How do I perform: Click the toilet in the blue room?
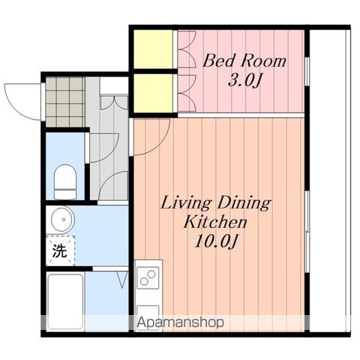65,181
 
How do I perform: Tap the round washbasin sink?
63,220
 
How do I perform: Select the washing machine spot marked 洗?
60,250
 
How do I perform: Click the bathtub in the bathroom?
65,302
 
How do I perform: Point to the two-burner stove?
148,277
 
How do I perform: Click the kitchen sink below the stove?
148,317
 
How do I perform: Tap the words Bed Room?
244,61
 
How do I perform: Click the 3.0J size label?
244,81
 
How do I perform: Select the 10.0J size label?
215,241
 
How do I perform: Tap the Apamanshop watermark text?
180,322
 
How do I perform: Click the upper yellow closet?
153,49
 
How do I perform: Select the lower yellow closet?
153,93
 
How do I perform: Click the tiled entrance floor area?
65,102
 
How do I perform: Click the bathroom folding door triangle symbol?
123,280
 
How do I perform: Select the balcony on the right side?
329,180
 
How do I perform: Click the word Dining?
244,203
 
